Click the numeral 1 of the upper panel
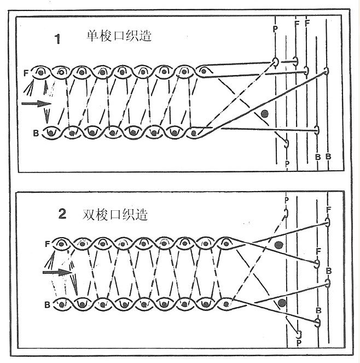pyautogui.click(x=57, y=39)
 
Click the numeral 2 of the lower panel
pyautogui.click(x=62, y=214)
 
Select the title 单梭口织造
pyautogui.click(x=119, y=36)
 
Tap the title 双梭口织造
pyautogui.click(x=115, y=215)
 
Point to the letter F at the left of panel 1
pyautogui.click(x=26, y=73)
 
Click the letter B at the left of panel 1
pyautogui.click(x=36, y=134)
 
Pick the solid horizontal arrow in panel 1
pyautogui.click(x=36, y=103)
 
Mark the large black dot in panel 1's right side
pyautogui.click(x=264, y=114)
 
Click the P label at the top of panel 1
pyautogui.click(x=275, y=29)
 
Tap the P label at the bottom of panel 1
pyautogui.click(x=287, y=164)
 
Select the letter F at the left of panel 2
pyautogui.click(x=48, y=244)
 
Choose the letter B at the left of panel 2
pyautogui.click(x=47, y=304)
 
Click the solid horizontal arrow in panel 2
pyautogui.click(x=57, y=272)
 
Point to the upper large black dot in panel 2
pyautogui.click(x=278, y=245)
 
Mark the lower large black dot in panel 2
pyautogui.click(x=282, y=303)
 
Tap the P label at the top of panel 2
pyautogui.click(x=287, y=200)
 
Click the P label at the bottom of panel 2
pyautogui.click(x=299, y=343)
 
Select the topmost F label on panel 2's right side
pyautogui.click(x=328, y=210)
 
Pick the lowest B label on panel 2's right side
pyautogui.click(x=318, y=310)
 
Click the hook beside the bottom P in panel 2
pyautogui.click(x=299, y=335)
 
